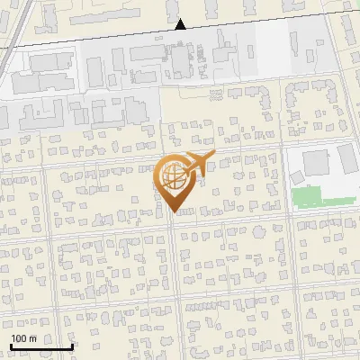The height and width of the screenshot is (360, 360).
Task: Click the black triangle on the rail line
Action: (181, 24)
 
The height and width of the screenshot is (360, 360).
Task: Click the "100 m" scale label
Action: (23, 337)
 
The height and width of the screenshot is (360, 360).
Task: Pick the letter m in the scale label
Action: (32, 337)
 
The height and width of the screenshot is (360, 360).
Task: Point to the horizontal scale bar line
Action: (41, 346)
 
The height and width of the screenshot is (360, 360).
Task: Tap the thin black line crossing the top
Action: (270, 21)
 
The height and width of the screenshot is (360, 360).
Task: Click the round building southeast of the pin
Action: (260, 230)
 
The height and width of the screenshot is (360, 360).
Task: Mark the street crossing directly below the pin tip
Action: (174, 222)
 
